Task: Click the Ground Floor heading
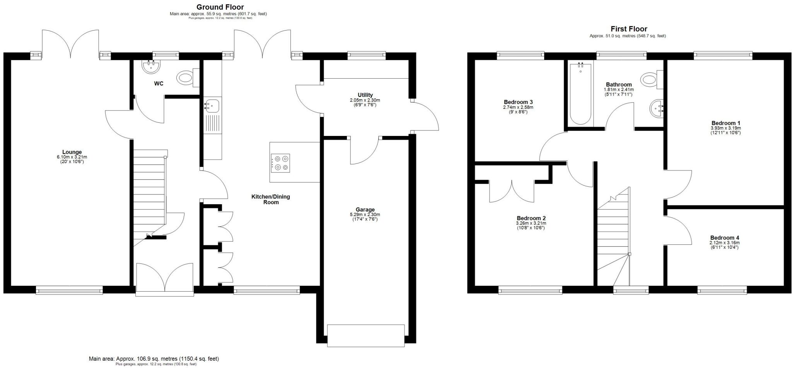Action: click(x=220, y=7)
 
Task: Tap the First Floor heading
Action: click(x=629, y=29)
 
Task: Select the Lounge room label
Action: click(x=72, y=152)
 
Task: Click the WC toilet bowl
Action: click(x=186, y=78)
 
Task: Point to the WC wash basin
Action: click(x=151, y=67)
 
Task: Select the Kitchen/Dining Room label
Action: click(x=271, y=199)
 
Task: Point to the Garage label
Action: click(x=365, y=210)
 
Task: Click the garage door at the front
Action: click(x=366, y=335)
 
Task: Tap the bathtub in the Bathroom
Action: click(x=580, y=94)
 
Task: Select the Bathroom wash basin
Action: click(x=656, y=109)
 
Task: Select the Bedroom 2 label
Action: click(x=531, y=218)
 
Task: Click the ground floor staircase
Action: click(x=149, y=194)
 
